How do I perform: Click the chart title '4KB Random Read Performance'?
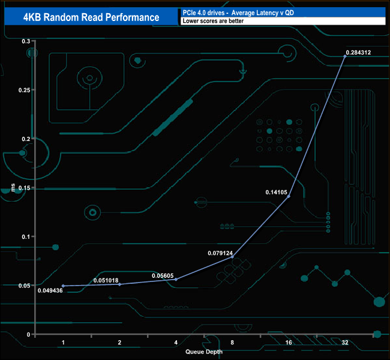91,17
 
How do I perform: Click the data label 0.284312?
358,53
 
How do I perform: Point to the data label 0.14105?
277,192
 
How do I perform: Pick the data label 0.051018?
107,280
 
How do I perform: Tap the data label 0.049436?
50,291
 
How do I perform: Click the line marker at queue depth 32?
345,56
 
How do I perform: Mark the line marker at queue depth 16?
289,196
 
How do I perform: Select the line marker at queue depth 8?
232,257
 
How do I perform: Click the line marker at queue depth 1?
63,286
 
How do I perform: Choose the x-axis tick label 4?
176,343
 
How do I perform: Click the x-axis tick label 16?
289,343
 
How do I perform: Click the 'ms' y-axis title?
13,190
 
